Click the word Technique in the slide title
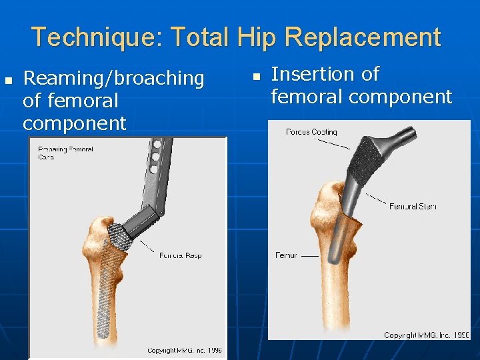[x=89, y=37]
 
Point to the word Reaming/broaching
[x=113, y=79]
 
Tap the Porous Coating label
[x=311, y=132]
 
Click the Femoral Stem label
[x=413, y=207]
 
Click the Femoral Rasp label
[x=180, y=255]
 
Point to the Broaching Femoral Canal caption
[x=65, y=153]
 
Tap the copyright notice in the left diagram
[x=184, y=350]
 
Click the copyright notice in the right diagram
[x=427, y=335]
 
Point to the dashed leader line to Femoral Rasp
[x=145, y=246]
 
